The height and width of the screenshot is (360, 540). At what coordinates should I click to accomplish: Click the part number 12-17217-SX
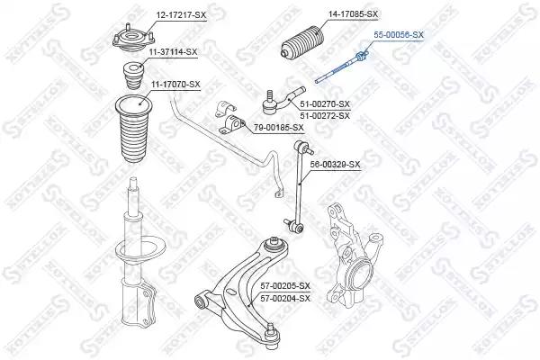click(181, 14)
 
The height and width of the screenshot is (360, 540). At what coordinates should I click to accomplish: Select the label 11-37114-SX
click(173, 52)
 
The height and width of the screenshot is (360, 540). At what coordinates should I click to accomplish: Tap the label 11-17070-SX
click(175, 84)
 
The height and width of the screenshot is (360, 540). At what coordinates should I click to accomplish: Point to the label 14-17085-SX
click(353, 14)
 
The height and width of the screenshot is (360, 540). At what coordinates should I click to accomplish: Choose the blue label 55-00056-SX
click(399, 34)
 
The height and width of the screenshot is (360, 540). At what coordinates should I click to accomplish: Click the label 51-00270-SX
click(325, 103)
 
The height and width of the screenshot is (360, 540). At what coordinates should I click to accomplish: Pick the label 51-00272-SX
click(325, 115)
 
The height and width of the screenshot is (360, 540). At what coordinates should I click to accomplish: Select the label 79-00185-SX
click(279, 128)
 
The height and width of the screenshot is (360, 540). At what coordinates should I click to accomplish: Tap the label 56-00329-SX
click(335, 165)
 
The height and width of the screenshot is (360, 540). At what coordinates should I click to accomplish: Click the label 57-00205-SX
click(285, 285)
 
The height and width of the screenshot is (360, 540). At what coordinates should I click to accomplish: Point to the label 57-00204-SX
click(285, 298)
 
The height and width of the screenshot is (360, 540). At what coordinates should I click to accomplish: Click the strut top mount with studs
click(132, 39)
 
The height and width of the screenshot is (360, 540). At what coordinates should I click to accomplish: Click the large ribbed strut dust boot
click(133, 129)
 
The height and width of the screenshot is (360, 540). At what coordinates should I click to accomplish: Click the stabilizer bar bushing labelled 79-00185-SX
click(232, 125)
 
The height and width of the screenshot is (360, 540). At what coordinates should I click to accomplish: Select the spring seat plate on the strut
click(140, 251)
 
